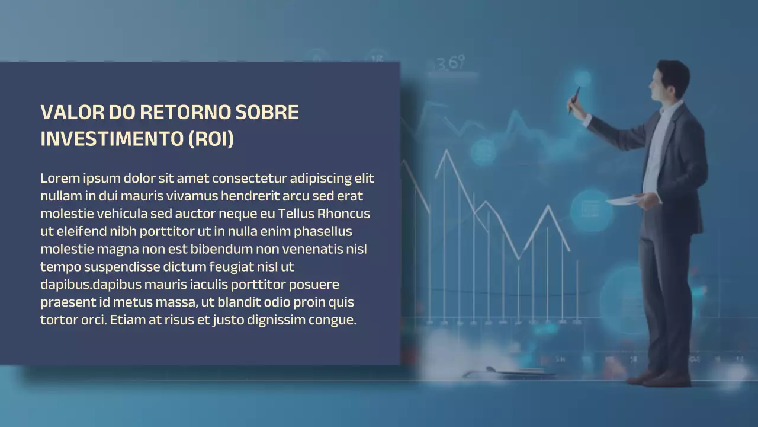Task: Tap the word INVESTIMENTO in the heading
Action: (111, 139)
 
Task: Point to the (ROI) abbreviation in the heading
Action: (211, 139)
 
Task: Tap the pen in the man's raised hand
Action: (574, 98)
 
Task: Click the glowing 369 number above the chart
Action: (451, 63)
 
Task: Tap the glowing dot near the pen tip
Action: (583, 78)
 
